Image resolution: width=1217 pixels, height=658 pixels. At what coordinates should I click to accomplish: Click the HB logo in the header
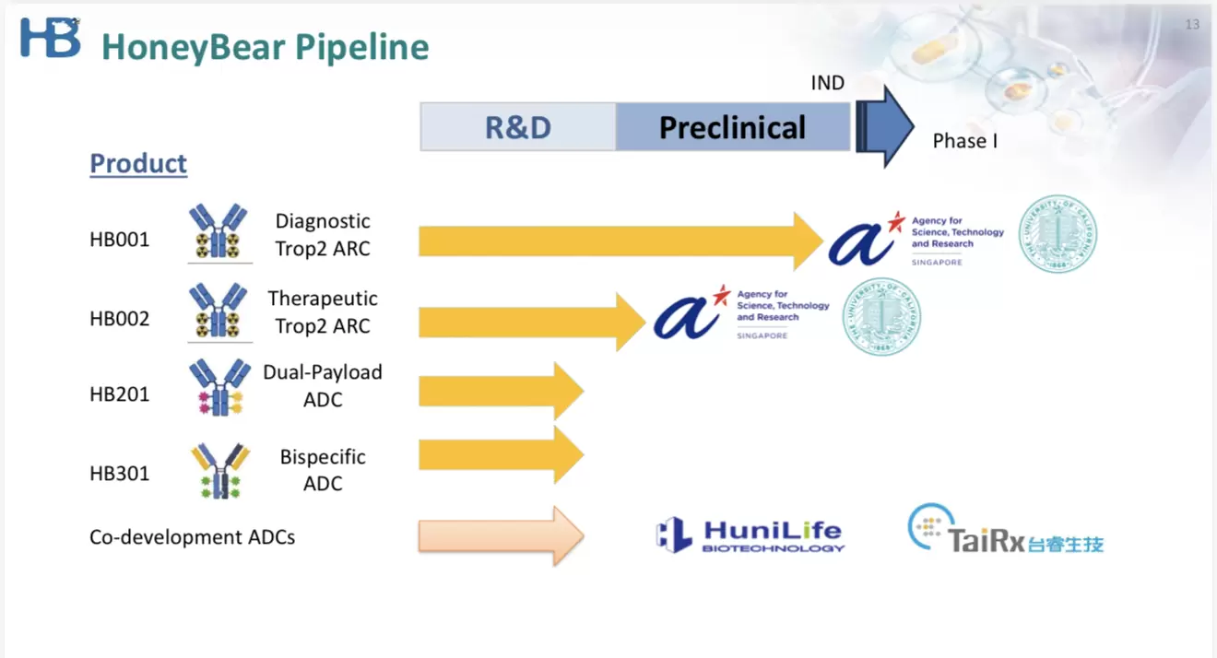coord(51,38)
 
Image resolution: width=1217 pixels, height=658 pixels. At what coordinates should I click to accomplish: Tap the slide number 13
coord(1192,25)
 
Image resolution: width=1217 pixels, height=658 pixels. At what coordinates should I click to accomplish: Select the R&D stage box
coord(518,127)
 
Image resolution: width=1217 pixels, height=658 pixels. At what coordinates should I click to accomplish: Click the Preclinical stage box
coord(732,127)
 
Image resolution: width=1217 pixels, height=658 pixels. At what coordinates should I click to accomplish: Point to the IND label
coord(827,83)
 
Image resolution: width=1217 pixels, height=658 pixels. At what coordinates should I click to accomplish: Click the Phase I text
coord(964,141)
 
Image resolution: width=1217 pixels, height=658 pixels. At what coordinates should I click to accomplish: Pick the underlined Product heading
coord(138,164)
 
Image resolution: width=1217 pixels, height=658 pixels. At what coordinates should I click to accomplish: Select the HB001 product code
coord(119,241)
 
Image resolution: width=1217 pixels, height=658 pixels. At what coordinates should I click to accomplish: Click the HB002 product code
coord(119,319)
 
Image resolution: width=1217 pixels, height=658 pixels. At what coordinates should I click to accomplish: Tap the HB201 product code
coord(119,394)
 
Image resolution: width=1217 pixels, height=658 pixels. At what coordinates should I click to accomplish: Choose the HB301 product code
coord(119,474)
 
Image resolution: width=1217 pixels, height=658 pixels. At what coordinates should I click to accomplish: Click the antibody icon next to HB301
coord(220,470)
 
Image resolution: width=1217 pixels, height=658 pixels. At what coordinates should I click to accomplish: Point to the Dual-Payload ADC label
coord(323,386)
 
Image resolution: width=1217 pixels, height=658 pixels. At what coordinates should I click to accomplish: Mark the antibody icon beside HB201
coord(219,388)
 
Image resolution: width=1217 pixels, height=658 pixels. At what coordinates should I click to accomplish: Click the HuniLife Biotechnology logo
coord(750,535)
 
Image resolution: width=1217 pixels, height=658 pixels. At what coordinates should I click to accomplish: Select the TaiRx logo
coord(1005,529)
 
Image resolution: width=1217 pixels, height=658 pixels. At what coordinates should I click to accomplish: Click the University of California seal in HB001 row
coord(1057,235)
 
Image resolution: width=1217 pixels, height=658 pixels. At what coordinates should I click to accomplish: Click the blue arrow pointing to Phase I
coord(884,126)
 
